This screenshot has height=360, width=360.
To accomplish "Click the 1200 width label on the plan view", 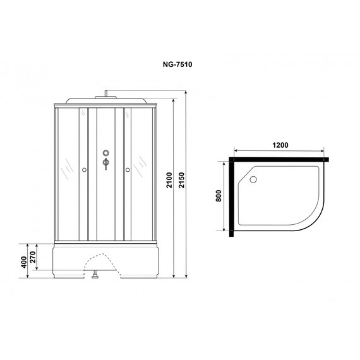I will (280, 145).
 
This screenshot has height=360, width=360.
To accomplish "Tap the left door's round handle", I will (84, 169).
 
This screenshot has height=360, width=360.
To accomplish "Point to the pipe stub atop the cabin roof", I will (105, 94).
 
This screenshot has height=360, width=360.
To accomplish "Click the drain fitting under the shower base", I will (94, 275).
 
